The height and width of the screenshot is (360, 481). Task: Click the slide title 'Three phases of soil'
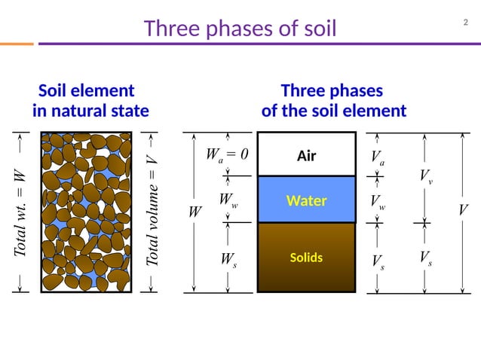(240, 29)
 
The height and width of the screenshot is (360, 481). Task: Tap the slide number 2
(465, 22)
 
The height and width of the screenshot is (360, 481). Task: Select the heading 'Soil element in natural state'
(90, 101)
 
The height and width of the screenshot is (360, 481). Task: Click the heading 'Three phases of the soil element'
(333, 101)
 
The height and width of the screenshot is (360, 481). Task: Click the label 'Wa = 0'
(227, 156)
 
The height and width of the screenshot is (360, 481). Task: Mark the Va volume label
(378, 157)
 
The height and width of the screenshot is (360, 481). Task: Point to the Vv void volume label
(426, 176)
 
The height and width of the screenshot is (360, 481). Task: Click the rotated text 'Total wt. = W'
(20, 214)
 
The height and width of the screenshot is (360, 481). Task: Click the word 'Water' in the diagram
(306, 201)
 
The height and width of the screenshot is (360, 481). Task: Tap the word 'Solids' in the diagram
(306, 258)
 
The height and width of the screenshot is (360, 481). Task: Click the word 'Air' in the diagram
(306, 157)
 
